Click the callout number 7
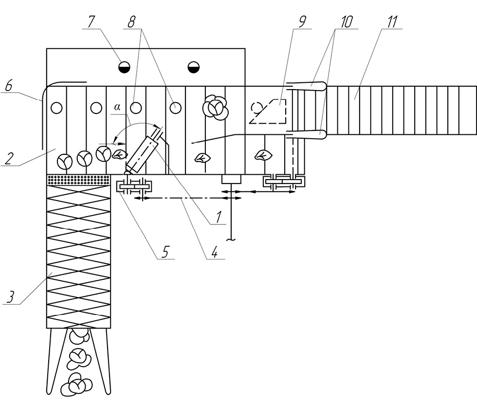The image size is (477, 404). tap(91, 21)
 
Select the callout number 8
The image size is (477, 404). tap(131, 22)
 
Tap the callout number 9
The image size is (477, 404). tap(302, 22)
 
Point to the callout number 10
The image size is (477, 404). tap(346, 22)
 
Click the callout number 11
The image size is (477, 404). tap(392, 22)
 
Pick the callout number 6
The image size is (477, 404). tap(9, 86)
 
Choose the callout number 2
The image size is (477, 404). tap(9, 159)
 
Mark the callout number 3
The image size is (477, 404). tap(11, 297)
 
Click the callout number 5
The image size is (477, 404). tap(165, 252)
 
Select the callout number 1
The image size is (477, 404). tap(218, 217)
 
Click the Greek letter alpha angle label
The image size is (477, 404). tap(117, 107)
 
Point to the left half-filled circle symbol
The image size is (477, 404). tap(124, 67)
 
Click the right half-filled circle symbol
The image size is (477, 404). tap(194, 67)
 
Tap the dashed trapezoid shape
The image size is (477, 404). tap(268, 111)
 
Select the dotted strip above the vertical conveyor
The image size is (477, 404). tap(78, 180)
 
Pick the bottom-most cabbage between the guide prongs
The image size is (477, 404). tap(76, 385)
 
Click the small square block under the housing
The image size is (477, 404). tap(231, 179)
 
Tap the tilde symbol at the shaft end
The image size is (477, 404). tap(232, 240)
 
